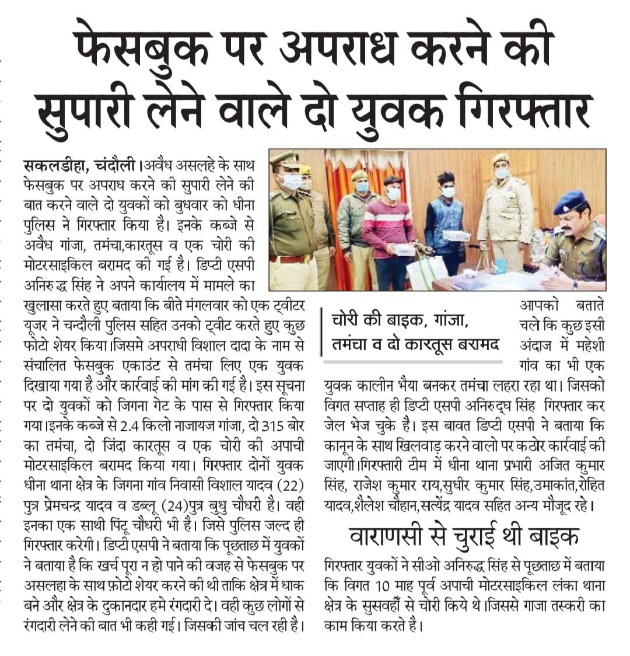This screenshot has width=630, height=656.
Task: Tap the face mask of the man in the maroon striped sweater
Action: click(393, 193)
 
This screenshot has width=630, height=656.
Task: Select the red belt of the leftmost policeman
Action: click(290, 257)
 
